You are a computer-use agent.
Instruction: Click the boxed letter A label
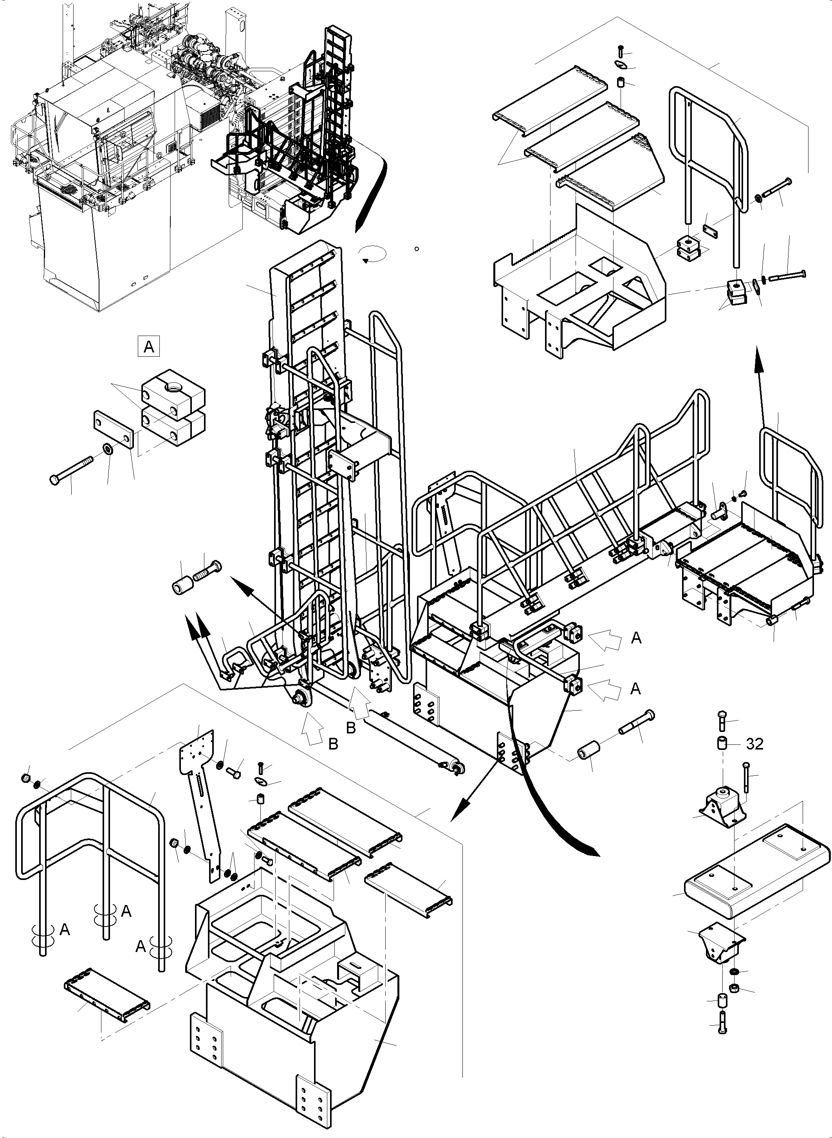click(x=148, y=347)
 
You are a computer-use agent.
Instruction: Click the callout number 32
click(x=754, y=744)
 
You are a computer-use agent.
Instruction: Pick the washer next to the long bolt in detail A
click(x=108, y=448)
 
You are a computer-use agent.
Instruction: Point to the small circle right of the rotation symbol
click(x=417, y=248)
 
